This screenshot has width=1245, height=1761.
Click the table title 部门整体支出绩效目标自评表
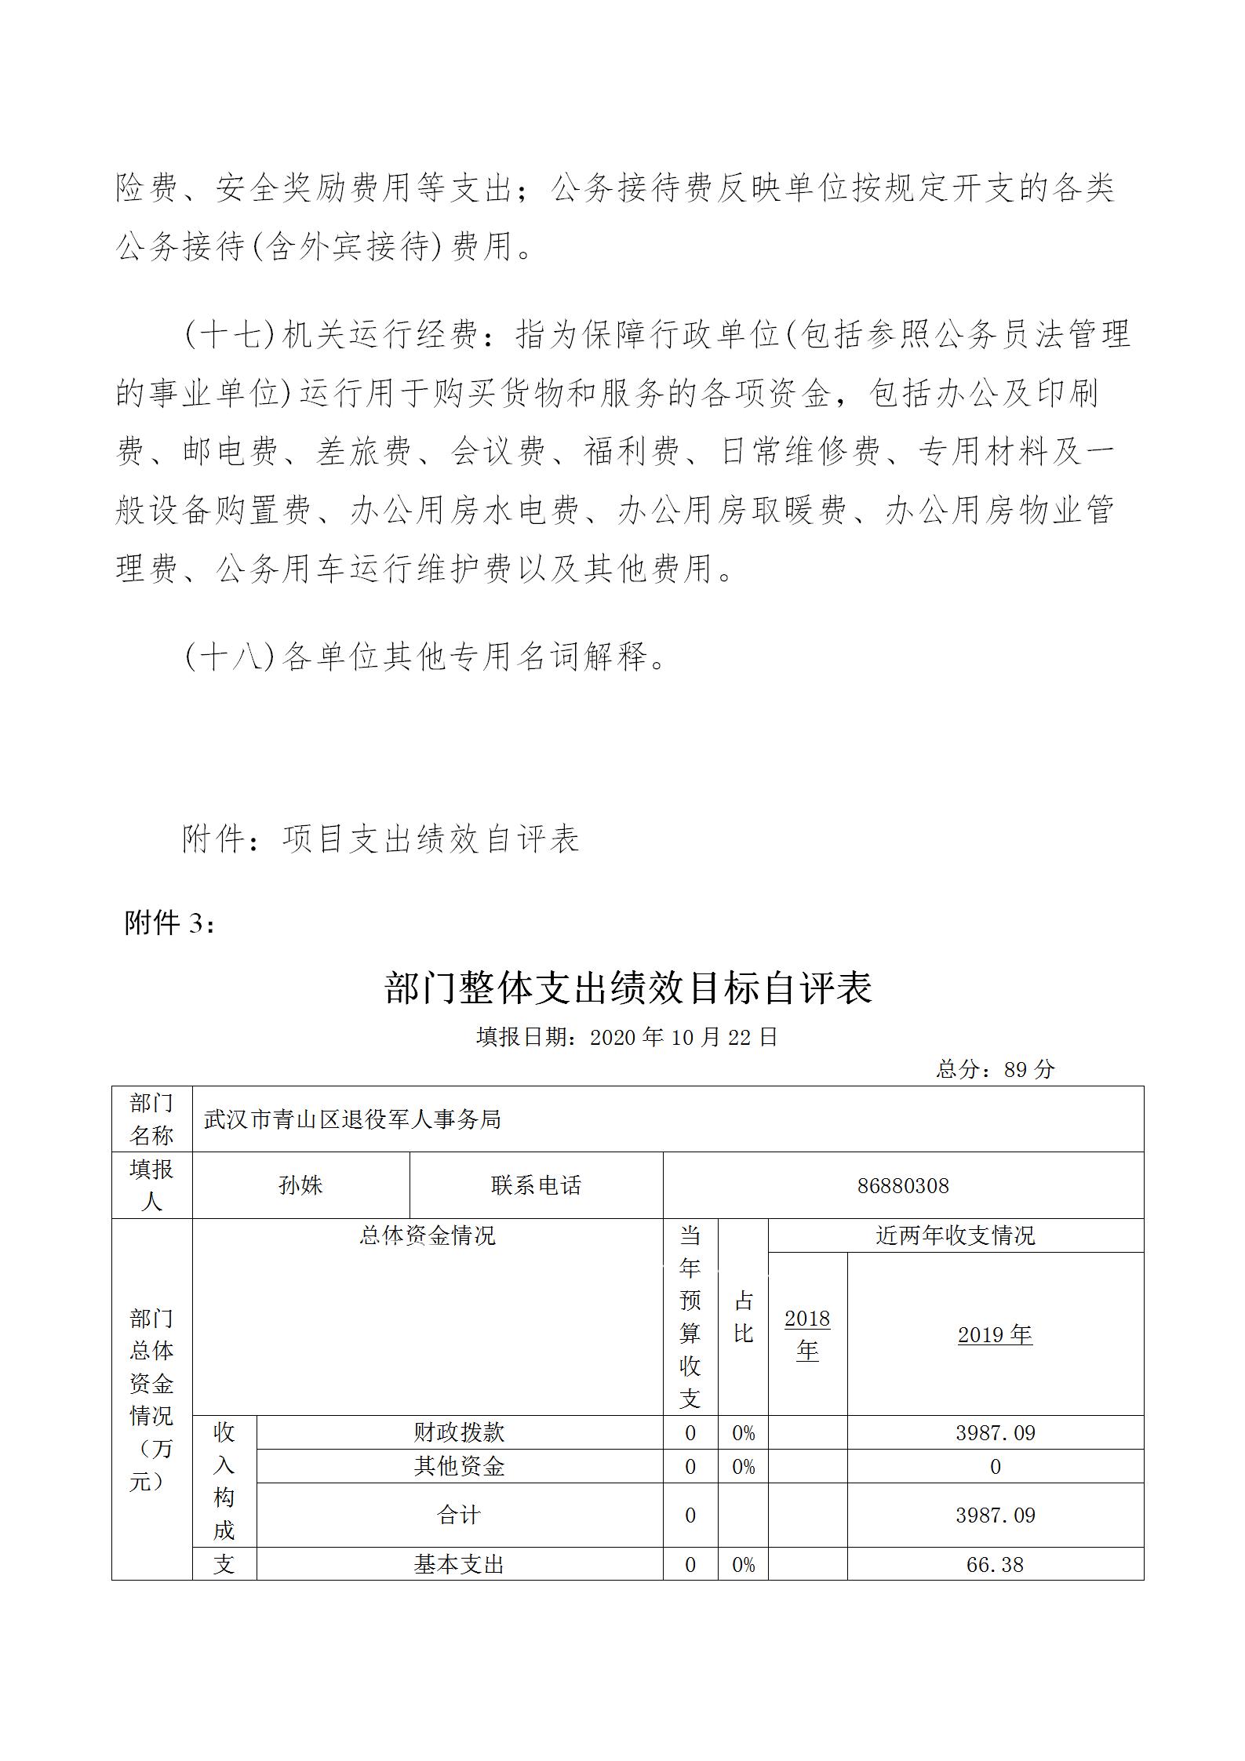pos(628,988)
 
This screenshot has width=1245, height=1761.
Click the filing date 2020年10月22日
pos(683,1037)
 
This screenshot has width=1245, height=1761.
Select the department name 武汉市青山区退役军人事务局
pos(352,1119)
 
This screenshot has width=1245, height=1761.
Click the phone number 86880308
pos(903,1185)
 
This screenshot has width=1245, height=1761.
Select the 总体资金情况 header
pos(428,1235)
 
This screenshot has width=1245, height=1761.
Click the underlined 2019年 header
pos(995,1334)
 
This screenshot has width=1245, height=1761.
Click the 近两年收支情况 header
pos(955,1235)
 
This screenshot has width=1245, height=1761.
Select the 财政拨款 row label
pos(459,1432)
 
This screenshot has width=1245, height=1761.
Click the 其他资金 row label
pos(459,1466)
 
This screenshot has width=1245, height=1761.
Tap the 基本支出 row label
pos(459,1565)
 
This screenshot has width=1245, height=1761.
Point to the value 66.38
pos(995,1565)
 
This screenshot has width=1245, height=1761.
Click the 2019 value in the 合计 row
pos(995,1515)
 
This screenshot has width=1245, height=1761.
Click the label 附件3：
pos(169,923)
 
